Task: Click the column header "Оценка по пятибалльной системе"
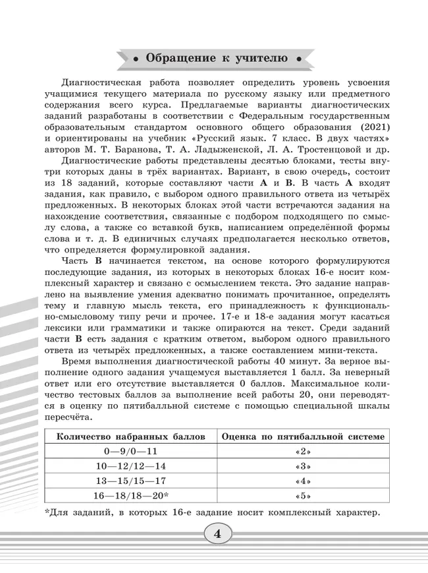[303, 437]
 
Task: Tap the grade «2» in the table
[303, 452]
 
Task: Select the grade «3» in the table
[303, 467]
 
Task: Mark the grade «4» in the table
[303, 481]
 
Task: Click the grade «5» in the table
[303, 497]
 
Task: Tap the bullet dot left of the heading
[136, 58]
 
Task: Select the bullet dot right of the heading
[299, 58]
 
